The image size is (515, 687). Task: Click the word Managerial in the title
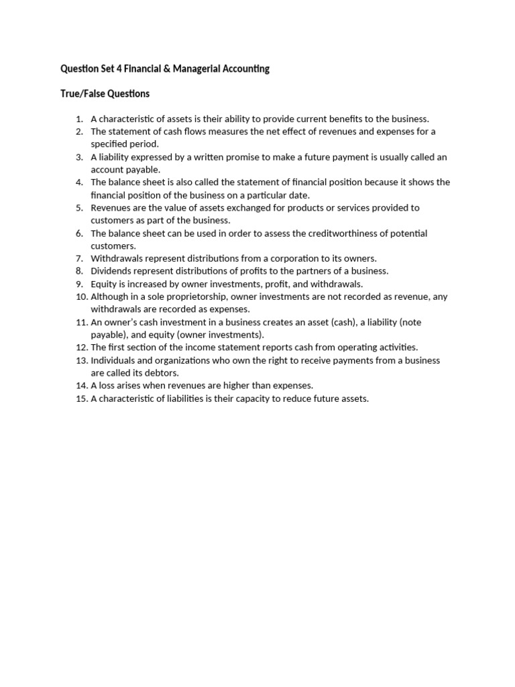[x=194, y=68]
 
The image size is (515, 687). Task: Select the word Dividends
[x=111, y=272]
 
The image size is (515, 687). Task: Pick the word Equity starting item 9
[x=103, y=284]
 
